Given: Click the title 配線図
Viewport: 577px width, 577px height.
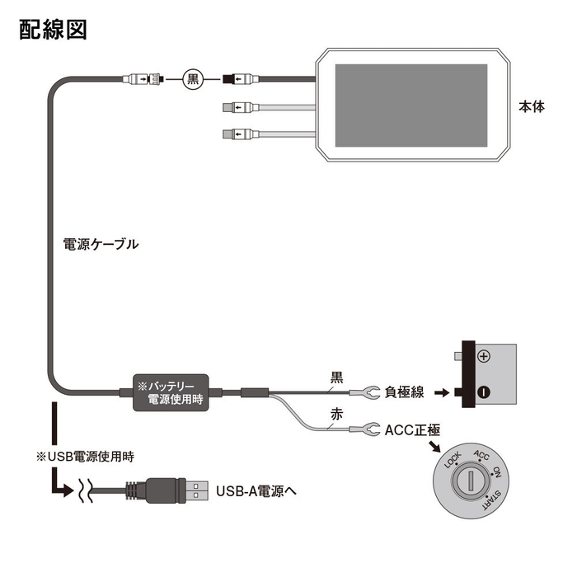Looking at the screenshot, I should [52, 30].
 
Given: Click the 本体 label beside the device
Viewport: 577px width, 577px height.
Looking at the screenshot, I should [531, 107].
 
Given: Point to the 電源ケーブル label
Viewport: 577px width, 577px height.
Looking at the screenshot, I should [101, 244].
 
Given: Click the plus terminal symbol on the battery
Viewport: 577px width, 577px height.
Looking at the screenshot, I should [484, 356].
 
